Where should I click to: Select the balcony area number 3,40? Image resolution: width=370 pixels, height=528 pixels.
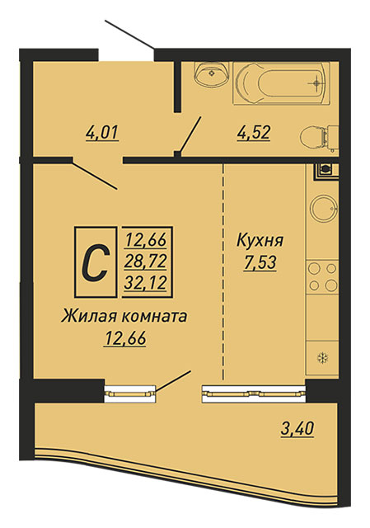[297, 429]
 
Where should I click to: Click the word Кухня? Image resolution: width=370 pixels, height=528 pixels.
[260, 241]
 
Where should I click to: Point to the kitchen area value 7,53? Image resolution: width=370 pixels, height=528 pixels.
[260, 263]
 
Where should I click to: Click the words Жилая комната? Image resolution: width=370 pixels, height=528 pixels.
[124, 317]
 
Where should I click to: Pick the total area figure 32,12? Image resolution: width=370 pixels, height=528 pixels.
[146, 283]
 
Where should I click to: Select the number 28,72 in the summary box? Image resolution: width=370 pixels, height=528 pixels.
[146, 262]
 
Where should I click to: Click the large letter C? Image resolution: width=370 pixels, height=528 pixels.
[96, 262]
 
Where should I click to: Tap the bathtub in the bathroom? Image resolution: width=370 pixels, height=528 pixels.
[282, 82]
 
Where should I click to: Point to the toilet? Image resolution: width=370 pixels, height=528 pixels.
[320, 138]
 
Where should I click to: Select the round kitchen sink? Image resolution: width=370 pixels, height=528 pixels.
[324, 209]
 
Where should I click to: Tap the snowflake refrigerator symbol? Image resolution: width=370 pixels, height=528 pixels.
[323, 357]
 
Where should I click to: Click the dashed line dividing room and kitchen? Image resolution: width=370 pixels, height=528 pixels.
[223, 272]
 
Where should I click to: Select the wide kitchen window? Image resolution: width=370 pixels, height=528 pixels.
[254, 394]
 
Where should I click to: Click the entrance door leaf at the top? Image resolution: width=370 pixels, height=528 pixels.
[129, 35]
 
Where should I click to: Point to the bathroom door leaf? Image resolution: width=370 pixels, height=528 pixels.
[190, 134]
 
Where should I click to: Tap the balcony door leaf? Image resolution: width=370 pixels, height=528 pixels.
[173, 381]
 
